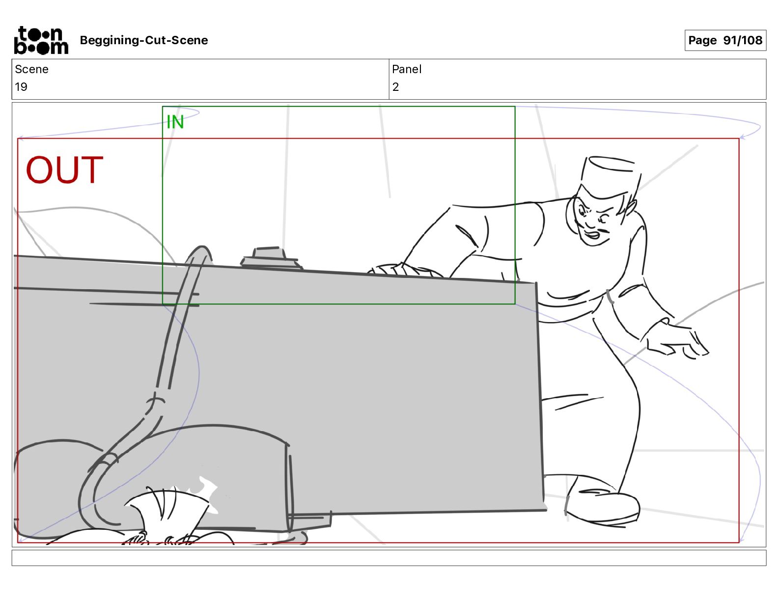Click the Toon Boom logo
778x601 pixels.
[41, 40]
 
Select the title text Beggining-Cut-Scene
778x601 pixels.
[143, 40]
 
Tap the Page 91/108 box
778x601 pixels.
[725, 40]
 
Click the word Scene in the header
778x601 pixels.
[31, 69]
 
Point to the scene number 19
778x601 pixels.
[21, 86]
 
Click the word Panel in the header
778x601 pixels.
[406, 69]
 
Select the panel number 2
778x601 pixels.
[395, 86]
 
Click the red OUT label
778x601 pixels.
[64, 170]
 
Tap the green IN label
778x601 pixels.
[175, 122]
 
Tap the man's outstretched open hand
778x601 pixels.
[677, 340]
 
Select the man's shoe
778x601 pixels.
[602, 505]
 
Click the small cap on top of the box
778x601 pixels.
[271, 258]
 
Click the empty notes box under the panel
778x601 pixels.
[389, 558]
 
